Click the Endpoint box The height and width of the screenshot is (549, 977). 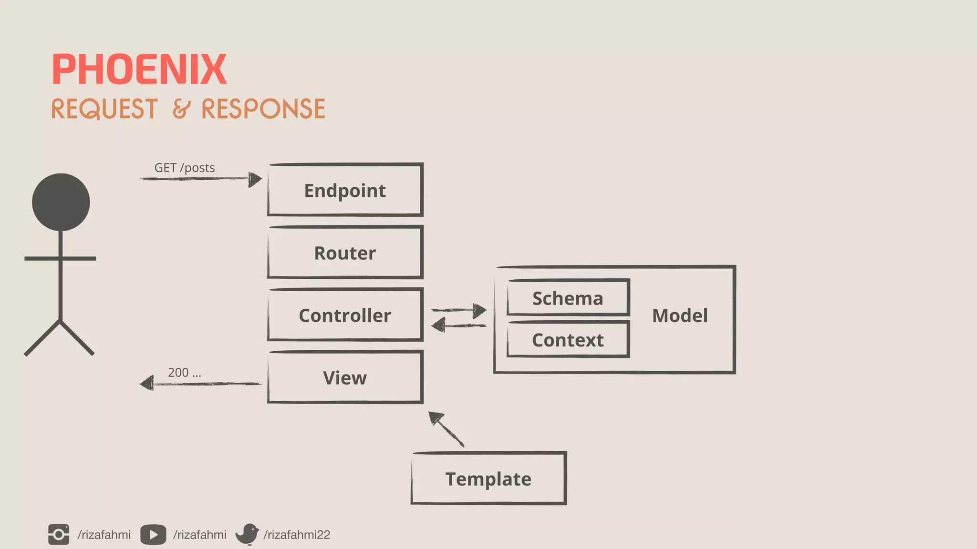pyautogui.click(x=345, y=190)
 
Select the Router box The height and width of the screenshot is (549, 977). pyautogui.click(x=345, y=253)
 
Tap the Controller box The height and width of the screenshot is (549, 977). pyautogui.click(x=345, y=315)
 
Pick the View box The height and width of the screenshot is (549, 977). pyautogui.click(x=345, y=377)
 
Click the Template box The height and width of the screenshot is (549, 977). pyautogui.click(x=488, y=478)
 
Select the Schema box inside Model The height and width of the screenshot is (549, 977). pyautogui.click(x=568, y=298)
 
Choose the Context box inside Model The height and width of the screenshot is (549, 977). pyautogui.click(x=568, y=340)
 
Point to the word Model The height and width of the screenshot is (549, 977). pyautogui.click(x=680, y=315)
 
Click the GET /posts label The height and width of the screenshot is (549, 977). pyautogui.click(x=184, y=168)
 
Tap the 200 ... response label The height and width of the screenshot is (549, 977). pyautogui.click(x=184, y=373)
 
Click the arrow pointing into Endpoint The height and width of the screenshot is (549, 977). pyautogui.click(x=200, y=179)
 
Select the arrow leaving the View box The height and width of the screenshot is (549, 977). pyautogui.click(x=200, y=383)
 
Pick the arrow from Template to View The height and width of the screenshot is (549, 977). pyautogui.click(x=447, y=429)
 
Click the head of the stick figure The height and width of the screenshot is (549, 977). pyautogui.click(x=61, y=202)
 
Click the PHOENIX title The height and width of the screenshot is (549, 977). pyautogui.click(x=139, y=70)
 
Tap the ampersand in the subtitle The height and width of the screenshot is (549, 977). pyautogui.click(x=181, y=109)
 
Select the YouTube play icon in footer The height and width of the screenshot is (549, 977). pyautogui.click(x=153, y=535)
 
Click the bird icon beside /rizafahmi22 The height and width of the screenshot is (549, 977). pyautogui.click(x=247, y=534)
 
